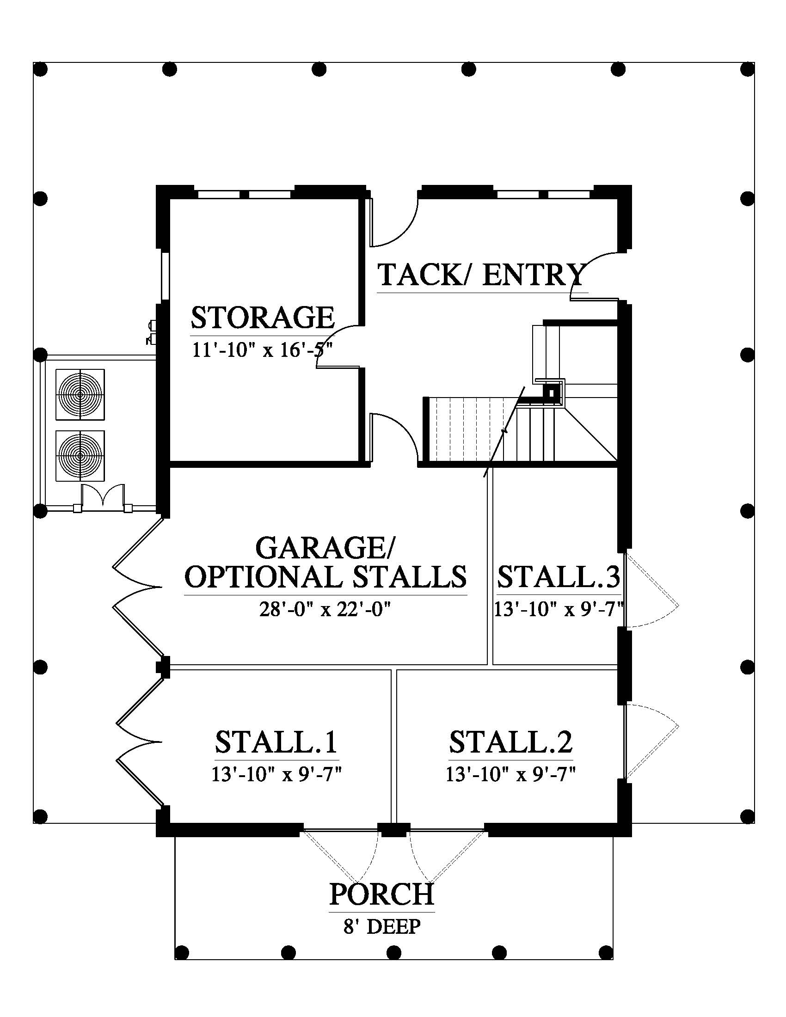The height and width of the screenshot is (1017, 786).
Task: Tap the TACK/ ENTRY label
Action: tap(481, 275)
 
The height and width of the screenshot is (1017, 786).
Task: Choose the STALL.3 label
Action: tap(559, 577)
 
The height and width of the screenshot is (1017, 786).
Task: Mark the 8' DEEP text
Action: tap(382, 927)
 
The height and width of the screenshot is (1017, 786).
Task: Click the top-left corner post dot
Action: tap(41, 70)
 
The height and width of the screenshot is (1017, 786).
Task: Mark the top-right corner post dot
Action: tap(747, 70)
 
